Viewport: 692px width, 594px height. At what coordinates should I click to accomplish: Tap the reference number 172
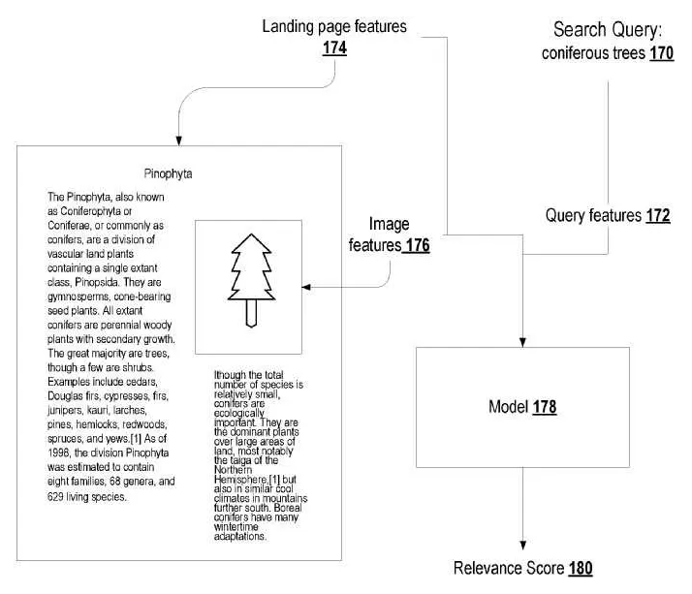coord(658,216)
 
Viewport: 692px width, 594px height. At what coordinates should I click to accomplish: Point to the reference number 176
coord(414,246)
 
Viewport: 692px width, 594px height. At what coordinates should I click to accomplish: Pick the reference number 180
coord(581,569)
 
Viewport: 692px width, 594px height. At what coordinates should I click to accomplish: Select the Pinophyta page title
coord(167,175)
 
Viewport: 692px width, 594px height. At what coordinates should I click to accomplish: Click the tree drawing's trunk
coord(249,313)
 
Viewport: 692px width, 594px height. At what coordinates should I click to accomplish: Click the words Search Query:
coord(607,31)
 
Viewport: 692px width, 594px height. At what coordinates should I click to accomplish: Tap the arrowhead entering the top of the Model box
coord(522,341)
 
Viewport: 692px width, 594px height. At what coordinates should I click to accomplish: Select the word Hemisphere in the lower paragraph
coord(237,481)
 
